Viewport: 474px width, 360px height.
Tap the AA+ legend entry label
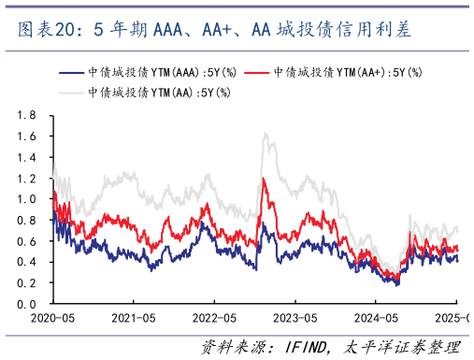tap(346, 72)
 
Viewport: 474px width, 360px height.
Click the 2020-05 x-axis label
tap(52, 319)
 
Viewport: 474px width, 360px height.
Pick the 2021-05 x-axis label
tap(133, 319)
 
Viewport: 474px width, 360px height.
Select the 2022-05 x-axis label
tap(214, 319)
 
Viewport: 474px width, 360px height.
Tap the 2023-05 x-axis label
tap(294, 319)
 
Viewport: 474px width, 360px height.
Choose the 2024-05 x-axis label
tap(376, 319)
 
